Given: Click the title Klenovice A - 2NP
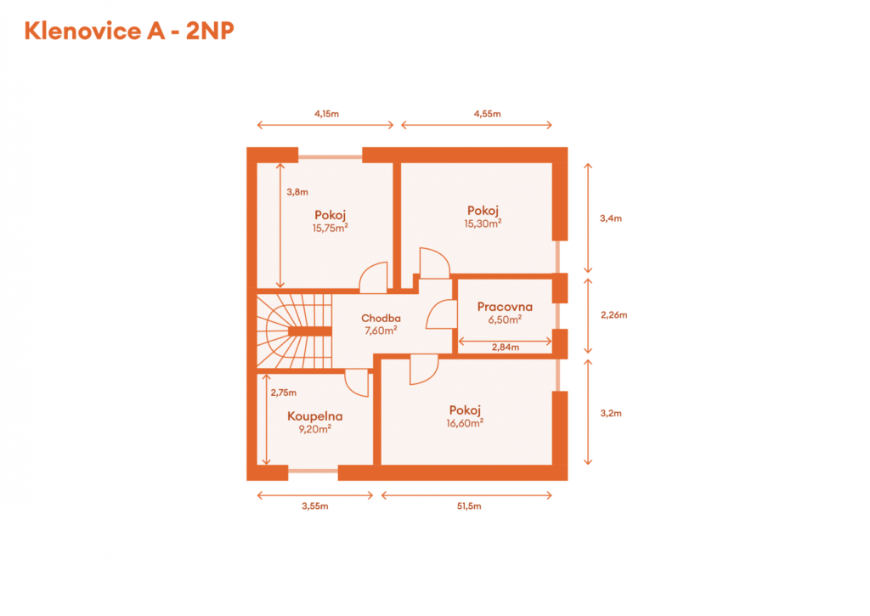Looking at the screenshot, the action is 129,31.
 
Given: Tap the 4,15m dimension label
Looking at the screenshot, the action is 326,114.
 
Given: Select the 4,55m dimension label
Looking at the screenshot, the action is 487,114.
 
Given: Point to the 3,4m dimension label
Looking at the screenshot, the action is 610,218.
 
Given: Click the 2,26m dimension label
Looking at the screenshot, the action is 613,314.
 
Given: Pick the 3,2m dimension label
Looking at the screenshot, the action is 610,413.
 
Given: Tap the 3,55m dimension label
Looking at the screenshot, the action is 314,506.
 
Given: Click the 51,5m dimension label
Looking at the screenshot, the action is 469,506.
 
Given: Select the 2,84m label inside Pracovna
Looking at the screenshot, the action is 506,348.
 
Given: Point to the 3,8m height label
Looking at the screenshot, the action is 297,192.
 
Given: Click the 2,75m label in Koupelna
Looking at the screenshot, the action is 284,393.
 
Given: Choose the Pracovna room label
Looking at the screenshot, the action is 505,307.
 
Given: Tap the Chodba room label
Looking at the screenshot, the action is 381,318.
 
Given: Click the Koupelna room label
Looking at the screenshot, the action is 314,416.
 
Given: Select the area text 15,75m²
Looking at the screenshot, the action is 330,228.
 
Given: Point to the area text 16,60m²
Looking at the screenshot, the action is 465,423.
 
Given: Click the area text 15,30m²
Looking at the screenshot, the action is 483,223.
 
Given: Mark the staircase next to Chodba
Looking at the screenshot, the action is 294,331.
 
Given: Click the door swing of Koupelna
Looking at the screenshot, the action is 357,383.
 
